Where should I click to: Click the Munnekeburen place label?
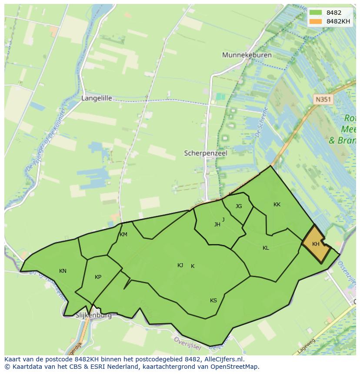247,55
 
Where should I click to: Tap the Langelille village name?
97,98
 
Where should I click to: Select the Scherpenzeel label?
206,153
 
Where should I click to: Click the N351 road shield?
323,99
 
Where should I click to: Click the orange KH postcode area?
315,244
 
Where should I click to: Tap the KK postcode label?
277,205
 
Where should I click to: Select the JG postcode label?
239,206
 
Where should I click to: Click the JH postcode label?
217,225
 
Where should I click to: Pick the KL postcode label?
266,248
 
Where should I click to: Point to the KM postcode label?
123,235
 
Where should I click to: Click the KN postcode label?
63,271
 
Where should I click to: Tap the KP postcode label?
98,277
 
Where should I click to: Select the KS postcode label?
213,301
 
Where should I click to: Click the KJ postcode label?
180,265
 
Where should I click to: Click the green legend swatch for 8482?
316,13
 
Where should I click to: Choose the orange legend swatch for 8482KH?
316,21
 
